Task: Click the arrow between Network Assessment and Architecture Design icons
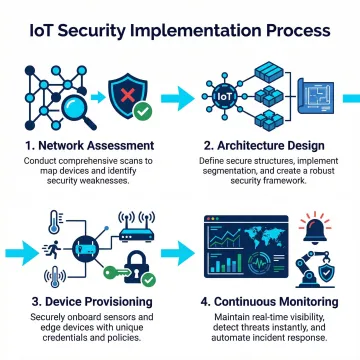pos(176,98)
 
